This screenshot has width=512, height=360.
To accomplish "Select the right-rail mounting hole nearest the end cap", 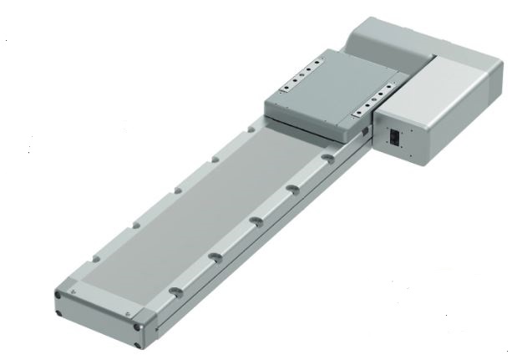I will coord(174,290).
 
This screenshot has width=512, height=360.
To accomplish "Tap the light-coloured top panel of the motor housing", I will coord(455,75).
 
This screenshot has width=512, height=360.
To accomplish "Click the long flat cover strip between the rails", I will coord(192,209).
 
